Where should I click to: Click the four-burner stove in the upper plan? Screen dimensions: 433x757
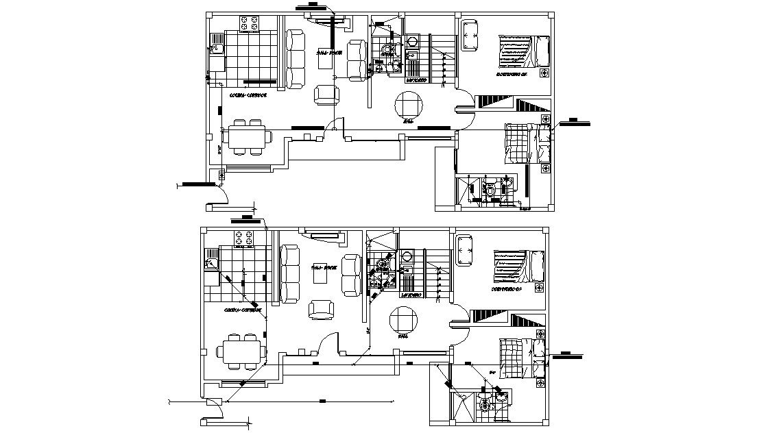coord(249,23)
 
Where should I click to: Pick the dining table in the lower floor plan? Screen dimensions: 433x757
coord(242,351)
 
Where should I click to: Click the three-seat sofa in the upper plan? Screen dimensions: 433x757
coord(297,59)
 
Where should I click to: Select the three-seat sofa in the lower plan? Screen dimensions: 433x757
coord(289,275)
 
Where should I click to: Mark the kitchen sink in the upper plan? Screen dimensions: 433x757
coord(216,50)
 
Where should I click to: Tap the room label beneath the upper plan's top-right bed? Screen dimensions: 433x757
coord(512,74)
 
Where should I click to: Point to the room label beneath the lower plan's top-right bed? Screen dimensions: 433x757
coord(507,290)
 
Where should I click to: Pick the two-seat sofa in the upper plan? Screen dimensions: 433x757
coord(357,60)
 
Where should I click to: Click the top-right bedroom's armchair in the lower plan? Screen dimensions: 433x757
coord(464,249)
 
